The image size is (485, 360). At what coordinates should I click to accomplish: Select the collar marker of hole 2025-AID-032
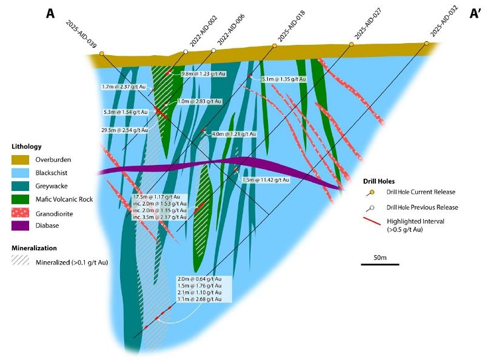tap(427, 44)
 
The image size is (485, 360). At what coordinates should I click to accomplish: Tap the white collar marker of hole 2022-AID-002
tap(186, 52)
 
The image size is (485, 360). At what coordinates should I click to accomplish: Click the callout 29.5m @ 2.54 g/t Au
tap(124, 130)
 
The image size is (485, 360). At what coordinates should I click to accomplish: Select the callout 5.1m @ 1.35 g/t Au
tap(283, 79)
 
